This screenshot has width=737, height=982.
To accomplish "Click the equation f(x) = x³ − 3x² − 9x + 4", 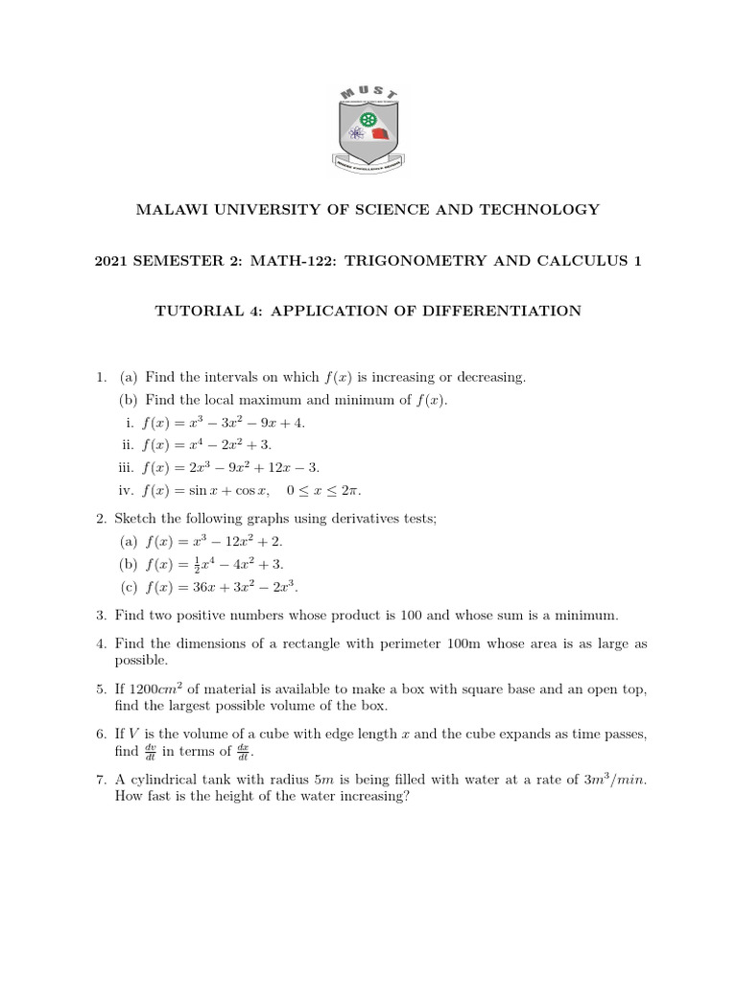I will coord(225,422).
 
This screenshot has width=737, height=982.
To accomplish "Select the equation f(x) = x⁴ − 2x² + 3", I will coord(206,445).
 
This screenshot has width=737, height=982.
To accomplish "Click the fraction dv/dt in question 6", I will coord(151,752).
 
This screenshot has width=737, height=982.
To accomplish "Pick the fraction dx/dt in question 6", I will coord(244,752).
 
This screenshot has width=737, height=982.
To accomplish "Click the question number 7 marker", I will coord(101,780).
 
